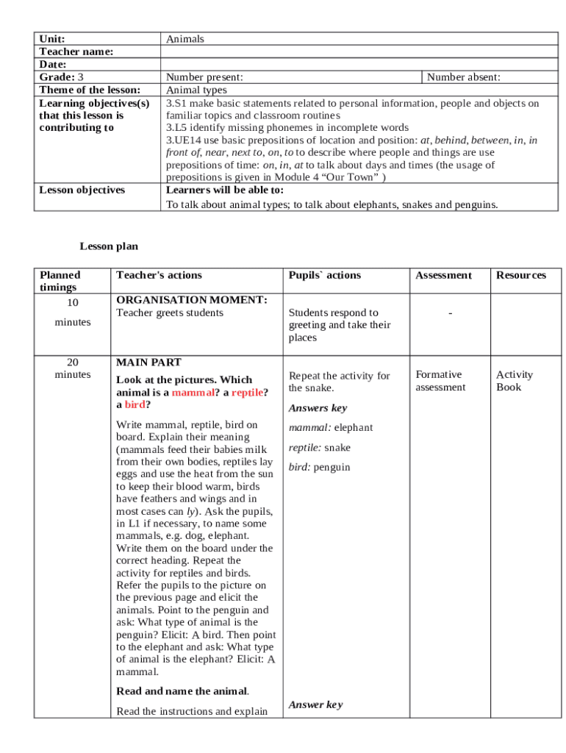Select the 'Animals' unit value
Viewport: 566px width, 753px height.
click(x=185, y=39)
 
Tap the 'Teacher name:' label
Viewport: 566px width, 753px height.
click(x=76, y=51)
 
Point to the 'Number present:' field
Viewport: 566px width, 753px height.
click(x=204, y=77)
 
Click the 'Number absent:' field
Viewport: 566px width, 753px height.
click(x=464, y=77)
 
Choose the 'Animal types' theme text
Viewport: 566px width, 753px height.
click(x=196, y=90)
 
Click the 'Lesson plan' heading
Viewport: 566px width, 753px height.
click(x=109, y=246)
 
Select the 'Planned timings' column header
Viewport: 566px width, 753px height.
click(x=60, y=281)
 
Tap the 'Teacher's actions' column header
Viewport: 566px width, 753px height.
click(x=159, y=275)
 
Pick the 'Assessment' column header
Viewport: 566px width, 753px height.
click(x=443, y=275)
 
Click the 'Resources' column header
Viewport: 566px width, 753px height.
click(x=521, y=275)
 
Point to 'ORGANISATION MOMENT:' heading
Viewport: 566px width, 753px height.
click(x=192, y=300)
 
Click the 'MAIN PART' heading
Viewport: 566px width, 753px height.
click(x=149, y=363)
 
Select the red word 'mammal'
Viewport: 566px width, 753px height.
click(x=192, y=393)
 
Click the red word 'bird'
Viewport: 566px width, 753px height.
click(x=135, y=404)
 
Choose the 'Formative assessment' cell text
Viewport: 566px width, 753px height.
click(x=440, y=381)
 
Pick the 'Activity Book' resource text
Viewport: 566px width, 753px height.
click(x=514, y=381)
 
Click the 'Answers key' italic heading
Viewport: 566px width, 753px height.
click(x=318, y=408)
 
